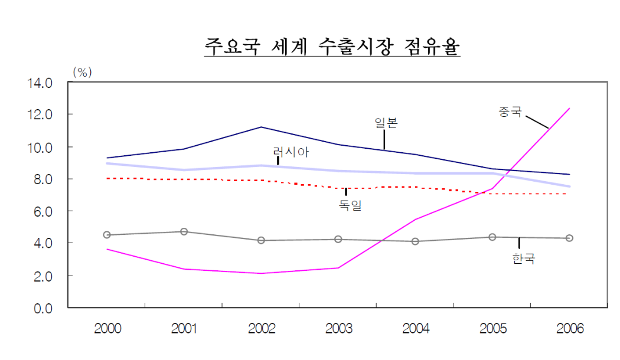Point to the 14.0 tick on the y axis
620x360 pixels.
pyautogui.click(x=41, y=82)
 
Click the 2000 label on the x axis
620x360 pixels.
pyautogui.click(x=107, y=329)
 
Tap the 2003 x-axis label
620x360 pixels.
pyautogui.click(x=338, y=329)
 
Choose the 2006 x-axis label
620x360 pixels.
pyautogui.click(x=569, y=329)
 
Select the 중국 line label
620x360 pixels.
pyautogui.click(x=510, y=111)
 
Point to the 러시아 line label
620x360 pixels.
pyautogui.click(x=291, y=152)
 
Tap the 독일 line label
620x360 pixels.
pyautogui.click(x=350, y=205)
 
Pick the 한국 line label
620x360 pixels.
pyautogui.click(x=523, y=258)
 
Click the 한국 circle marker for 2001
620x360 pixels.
pyautogui.click(x=184, y=232)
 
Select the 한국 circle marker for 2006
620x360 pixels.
pyautogui.click(x=569, y=238)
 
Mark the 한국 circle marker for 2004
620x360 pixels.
pyautogui.click(x=415, y=241)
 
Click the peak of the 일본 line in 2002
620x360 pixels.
pyautogui.click(x=261, y=127)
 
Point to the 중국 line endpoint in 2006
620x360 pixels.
pyautogui.click(x=569, y=108)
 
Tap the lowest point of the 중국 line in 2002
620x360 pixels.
pyautogui.click(x=261, y=273)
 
